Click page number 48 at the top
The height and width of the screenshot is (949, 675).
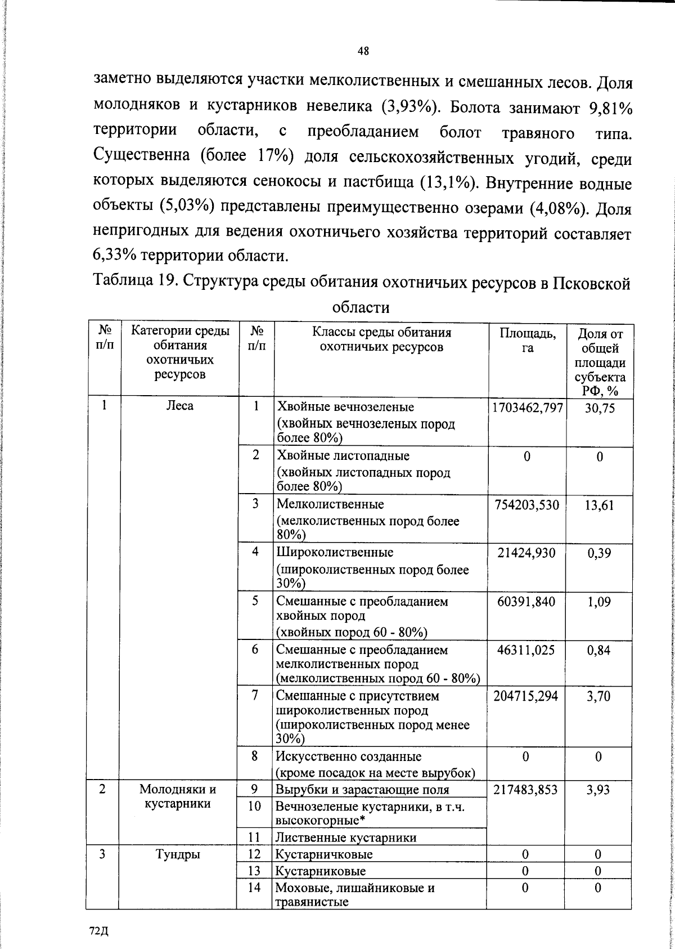[363, 51]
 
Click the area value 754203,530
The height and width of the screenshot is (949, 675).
[526, 505]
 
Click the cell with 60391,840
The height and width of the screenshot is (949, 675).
[526, 602]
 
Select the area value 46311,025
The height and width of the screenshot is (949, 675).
[526, 650]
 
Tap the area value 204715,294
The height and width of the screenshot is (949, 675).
[526, 696]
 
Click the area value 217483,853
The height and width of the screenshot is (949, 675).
[526, 790]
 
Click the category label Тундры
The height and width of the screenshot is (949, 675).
[178, 854]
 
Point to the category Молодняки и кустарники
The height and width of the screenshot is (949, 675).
[178, 796]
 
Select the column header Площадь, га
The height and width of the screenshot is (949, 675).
[527, 341]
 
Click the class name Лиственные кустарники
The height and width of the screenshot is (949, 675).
[346, 838]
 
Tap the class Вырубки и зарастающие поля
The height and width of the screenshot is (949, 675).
[362, 790]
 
